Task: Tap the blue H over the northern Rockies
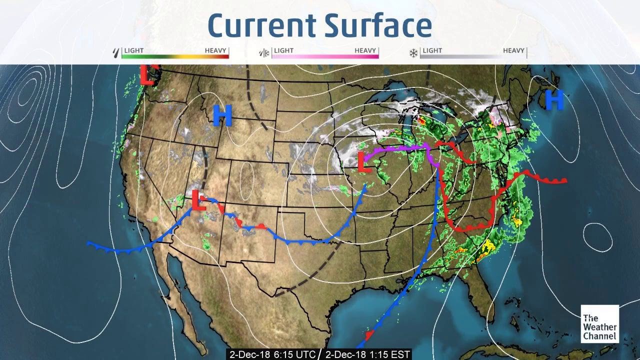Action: pyautogui.click(x=222, y=115)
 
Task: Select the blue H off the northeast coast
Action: pyautogui.click(x=554, y=99)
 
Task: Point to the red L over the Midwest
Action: pyautogui.click(x=364, y=162)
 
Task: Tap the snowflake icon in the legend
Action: pyautogui.click(x=413, y=52)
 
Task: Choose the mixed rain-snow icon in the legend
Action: pyautogui.click(x=263, y=52)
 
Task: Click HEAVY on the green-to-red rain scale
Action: pyautogui.click(x=215, y=50)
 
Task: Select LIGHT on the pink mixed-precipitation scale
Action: pyautogui.click(x=283, y=50)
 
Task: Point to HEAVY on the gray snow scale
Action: pyautogui.click(x=513, y=50)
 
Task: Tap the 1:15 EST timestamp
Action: pyautogui.click(x=367, y=354)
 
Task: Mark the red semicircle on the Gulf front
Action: pyautogui.click(x=369, y=333)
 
